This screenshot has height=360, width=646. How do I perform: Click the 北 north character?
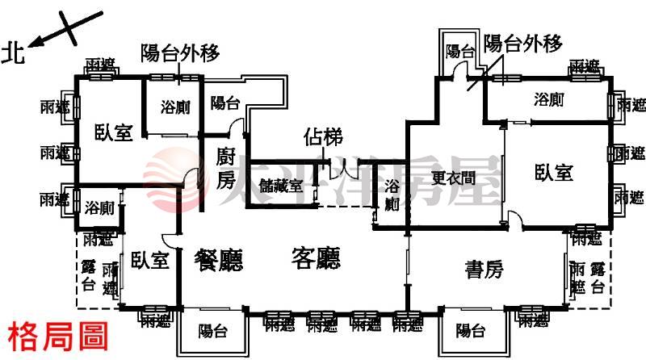pyautogui.click(x=14, y=52)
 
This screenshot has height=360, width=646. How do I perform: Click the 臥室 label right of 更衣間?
pyautogui.click(x=554, y=172)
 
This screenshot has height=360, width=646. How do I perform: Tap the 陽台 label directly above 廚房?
pyautogui.click(x=224, y=103)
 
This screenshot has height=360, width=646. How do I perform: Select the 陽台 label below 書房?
pyautogui.click(x=470, y=330)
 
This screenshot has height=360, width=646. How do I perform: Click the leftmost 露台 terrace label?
pyautogui.click(x=89, y=276)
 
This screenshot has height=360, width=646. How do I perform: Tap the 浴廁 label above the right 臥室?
pyautogui.click(x=549, y=100)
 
